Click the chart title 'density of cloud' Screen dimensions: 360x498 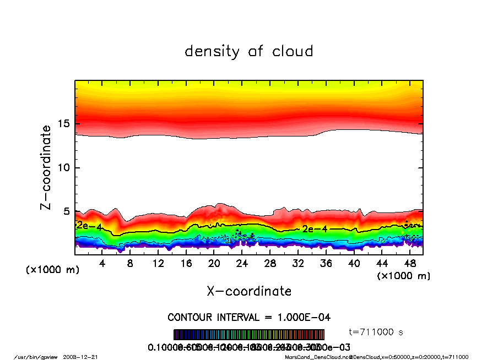pos(249,52)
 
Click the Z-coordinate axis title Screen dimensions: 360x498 pos(46,167)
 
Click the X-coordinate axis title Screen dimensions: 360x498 pos(249,291)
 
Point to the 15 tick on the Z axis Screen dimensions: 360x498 pos(64,124)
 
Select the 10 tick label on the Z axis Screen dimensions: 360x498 pos(64,167)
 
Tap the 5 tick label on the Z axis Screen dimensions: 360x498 pos(67,211)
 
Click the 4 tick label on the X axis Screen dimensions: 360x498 pos(102,264)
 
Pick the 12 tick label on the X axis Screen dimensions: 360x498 pos(158,264)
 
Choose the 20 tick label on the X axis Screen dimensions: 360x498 pos(214,264)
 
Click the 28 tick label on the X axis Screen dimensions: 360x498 pos(270,264)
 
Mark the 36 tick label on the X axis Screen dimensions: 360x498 pos(326,264)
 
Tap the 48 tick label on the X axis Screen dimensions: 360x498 pos(409,264)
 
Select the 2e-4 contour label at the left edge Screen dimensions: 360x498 pos(88,225)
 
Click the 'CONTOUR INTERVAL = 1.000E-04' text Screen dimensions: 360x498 pos(249,318)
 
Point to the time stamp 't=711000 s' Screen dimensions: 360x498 pos(377,332)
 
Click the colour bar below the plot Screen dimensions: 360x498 pos(249,335)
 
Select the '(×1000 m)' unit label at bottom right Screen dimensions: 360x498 pos(404,276)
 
